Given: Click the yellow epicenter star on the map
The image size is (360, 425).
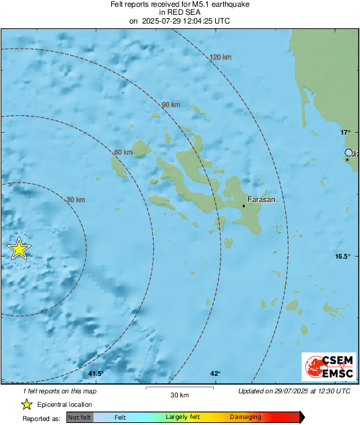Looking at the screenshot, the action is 19,249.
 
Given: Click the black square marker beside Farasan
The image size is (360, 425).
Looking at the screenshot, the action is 244,205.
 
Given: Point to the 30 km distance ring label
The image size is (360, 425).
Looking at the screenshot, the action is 76,200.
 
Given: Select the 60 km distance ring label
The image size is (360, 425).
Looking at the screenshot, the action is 123,153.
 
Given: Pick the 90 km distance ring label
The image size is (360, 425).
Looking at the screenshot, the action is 171,105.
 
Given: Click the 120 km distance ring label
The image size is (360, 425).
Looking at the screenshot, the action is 220,57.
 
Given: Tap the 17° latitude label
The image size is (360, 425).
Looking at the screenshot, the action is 345,132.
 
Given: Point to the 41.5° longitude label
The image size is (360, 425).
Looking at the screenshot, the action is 95,374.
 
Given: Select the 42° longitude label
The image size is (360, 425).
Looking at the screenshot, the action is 215,374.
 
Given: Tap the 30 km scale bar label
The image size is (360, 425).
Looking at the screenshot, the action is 179,395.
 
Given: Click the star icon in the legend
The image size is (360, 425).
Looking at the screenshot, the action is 26,404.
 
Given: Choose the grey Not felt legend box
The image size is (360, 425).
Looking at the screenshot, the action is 80,418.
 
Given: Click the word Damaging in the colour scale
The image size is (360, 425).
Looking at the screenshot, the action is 245,418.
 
